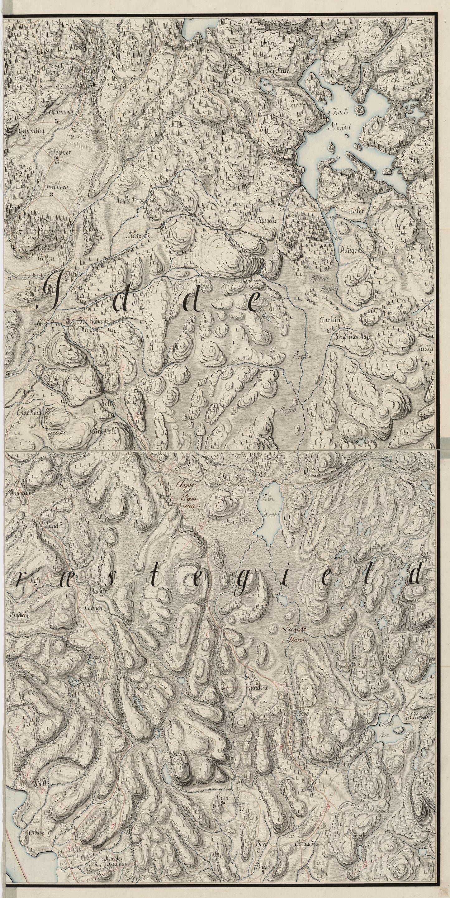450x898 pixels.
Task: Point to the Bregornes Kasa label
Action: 353,337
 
